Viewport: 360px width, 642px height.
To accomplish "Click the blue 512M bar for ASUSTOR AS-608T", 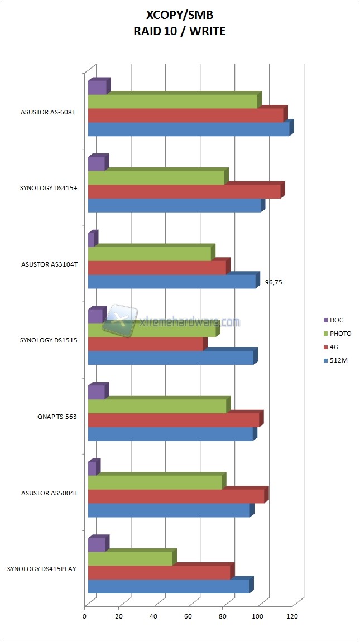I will (x=189, y=129).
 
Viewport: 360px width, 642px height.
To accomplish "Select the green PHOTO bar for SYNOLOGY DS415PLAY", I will (x=130, y=559).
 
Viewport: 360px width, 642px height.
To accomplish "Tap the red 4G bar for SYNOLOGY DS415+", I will (x=184, y=191).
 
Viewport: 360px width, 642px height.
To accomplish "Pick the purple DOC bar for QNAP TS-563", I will (x=97, y=392).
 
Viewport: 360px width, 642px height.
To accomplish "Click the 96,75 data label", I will (x=273, y=283).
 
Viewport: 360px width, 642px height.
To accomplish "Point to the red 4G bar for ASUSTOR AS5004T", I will (x=176, y=496).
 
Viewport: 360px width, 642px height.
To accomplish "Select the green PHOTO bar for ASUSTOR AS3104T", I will (x=150, y=254).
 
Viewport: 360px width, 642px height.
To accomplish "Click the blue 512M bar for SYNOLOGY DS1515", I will (x=171, y=358).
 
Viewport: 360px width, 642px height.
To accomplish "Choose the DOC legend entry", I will (x=336, y=320).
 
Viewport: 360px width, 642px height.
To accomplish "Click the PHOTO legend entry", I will (x=340, y=334).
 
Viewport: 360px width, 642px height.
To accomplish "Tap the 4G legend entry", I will (x=334, y=347).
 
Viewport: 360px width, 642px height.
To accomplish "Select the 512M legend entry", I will (x=338, y=360).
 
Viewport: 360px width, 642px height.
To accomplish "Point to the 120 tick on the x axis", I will (x=292, y=616).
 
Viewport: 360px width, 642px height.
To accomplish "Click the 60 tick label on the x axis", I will (x=188, y=616).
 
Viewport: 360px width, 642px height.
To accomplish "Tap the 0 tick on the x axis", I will (x=85, y=616).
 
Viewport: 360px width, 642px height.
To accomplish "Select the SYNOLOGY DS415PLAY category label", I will (x=42, y=569).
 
